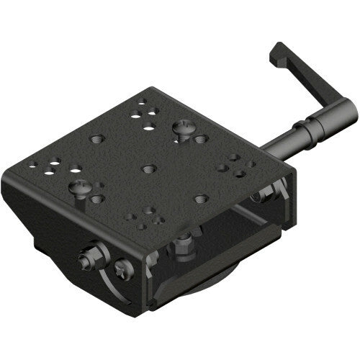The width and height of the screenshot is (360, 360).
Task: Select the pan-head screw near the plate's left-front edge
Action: [x=81, y=189]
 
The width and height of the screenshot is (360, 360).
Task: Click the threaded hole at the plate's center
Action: [x=149, y=168]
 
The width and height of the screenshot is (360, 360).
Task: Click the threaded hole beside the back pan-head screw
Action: [x=201, y=138]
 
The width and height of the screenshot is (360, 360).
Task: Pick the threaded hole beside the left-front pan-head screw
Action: [x=98, y=199]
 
